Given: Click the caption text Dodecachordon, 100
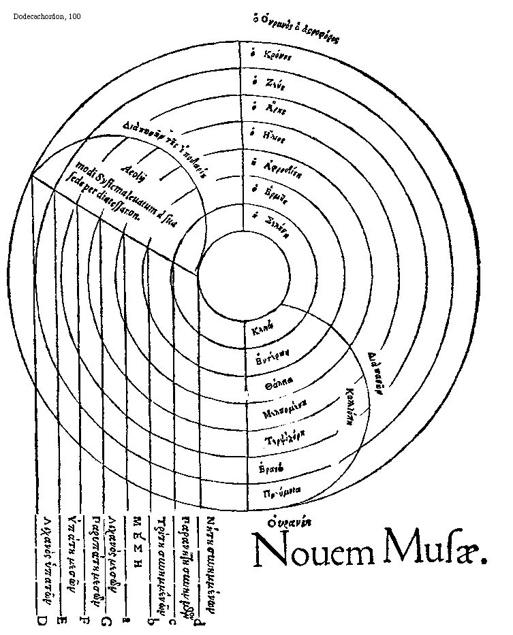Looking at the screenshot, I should point(46,16).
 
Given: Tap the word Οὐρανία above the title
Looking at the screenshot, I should point(288,523).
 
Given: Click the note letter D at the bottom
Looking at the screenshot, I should point(40,621).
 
